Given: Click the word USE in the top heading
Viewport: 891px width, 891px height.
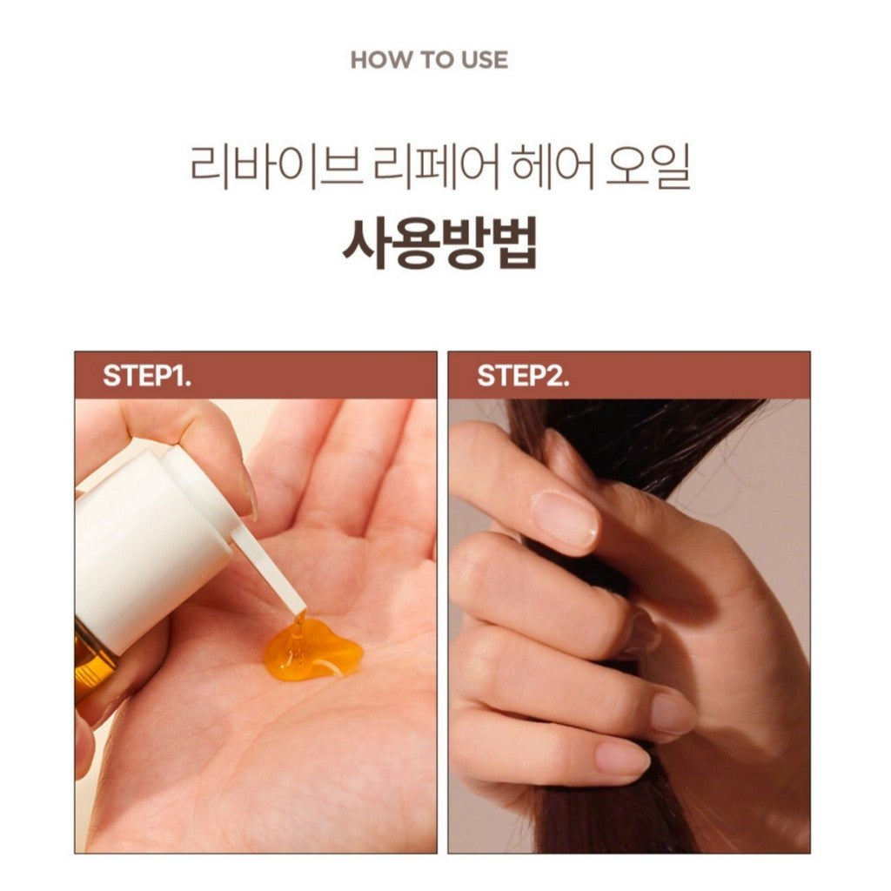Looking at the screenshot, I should point(485,60).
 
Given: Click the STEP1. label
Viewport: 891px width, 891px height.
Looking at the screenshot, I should point(147,376).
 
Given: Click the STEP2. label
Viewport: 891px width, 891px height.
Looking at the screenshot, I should point(523,376).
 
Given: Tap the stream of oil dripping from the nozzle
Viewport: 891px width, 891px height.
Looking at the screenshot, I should point(298,625).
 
